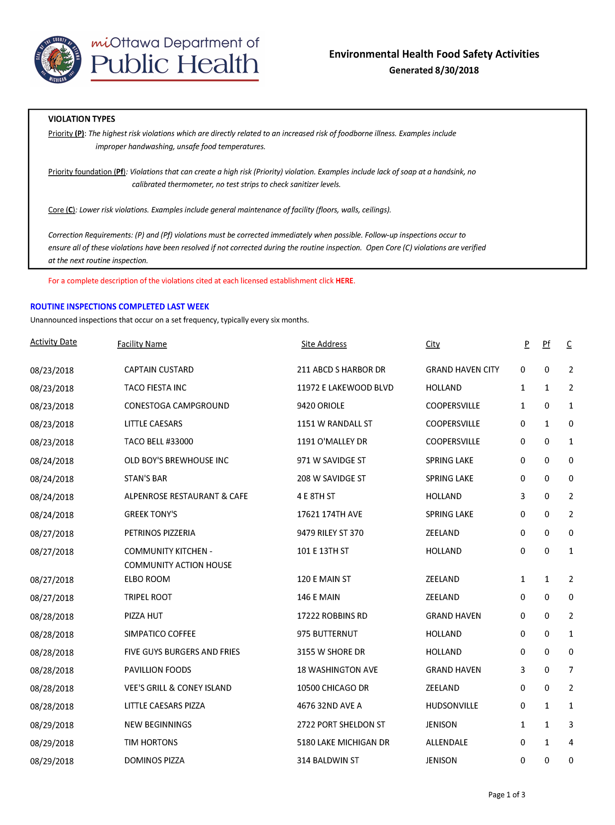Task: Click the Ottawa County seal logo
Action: click(58, 59)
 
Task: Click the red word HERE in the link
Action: click(344, 281)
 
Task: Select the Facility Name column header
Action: click(142, 344)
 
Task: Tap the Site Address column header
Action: click(324, 344)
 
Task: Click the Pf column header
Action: click(546, 344)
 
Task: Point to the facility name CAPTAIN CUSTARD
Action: click(159, 370)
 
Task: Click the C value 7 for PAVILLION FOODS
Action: click(571, 670)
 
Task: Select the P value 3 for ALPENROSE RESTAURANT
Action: click(523, 496)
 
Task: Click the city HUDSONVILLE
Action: click(452, 706)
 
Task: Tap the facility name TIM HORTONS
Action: click(151, 742)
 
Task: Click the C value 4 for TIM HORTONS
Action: click(571, 742)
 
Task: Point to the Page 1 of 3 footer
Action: click(506, 795)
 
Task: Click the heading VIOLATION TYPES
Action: click(82, 119)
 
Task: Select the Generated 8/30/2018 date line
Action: click(434, 70)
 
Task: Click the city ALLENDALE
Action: click(447, 742)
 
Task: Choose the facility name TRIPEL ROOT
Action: click(148, 597)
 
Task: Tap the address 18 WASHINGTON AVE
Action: click(337, 670)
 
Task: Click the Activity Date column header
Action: click(54, 342)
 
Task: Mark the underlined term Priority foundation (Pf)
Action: click(87, 172)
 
